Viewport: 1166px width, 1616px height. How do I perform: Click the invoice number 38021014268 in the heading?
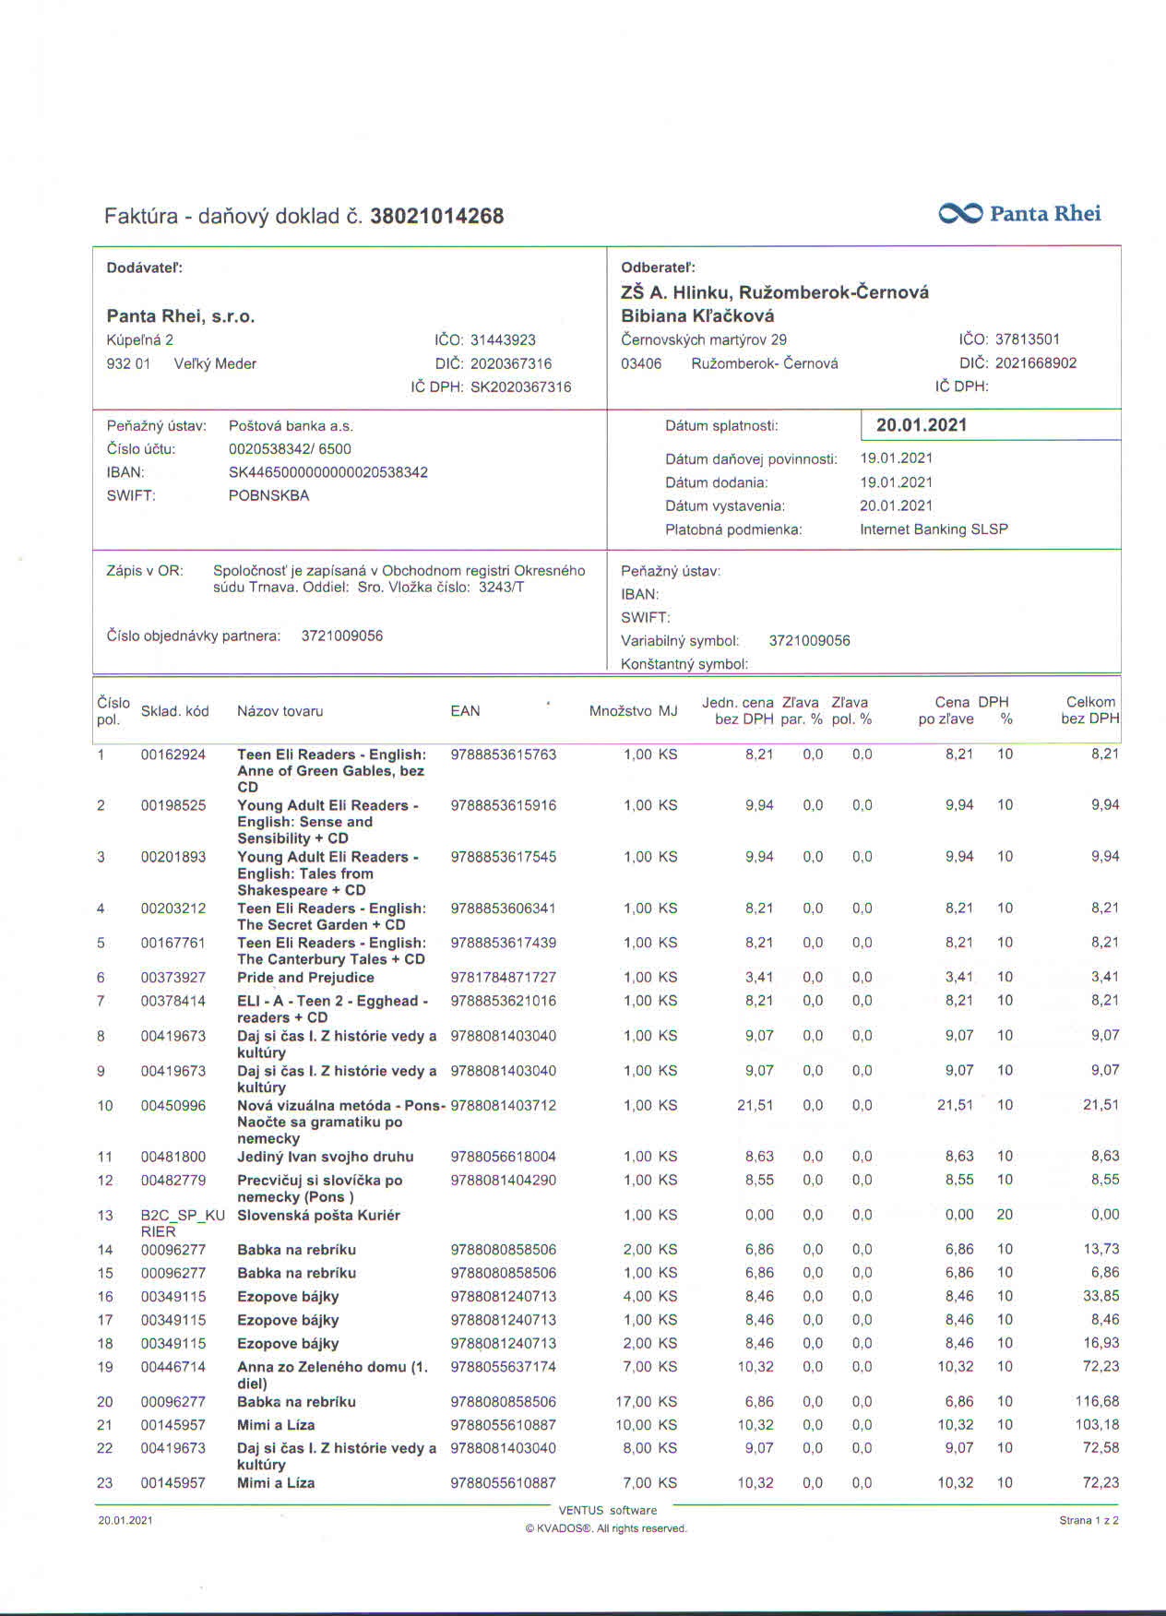(436, 217)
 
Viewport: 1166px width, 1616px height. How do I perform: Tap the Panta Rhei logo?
(1019, 214)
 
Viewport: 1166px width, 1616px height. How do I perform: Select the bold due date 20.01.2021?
(921, 425)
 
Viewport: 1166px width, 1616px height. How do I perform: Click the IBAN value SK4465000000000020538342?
(327, 472)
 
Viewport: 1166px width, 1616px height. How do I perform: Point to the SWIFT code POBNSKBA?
(268, 495)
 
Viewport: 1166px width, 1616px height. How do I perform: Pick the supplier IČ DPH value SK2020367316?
(520, 387)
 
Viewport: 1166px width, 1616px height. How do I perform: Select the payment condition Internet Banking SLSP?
(934, 529)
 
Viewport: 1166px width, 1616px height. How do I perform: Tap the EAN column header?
(465, 711)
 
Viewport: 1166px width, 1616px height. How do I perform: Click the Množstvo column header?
(620, 711)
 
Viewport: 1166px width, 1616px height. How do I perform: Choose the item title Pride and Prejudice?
(305, 978)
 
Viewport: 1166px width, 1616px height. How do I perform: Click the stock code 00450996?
(173, 1106)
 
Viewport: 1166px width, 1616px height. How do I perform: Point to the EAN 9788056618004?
(503, 1157)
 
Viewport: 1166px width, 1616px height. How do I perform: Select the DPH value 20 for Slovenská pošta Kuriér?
(1005, 1215)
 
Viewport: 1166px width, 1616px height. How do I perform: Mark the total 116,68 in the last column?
(1097, 1402)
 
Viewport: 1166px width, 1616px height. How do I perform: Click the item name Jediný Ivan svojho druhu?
(325, 1157)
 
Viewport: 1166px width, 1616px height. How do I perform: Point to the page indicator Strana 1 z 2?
(1089, 1521)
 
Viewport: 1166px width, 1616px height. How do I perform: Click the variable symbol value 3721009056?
(809, 641)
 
